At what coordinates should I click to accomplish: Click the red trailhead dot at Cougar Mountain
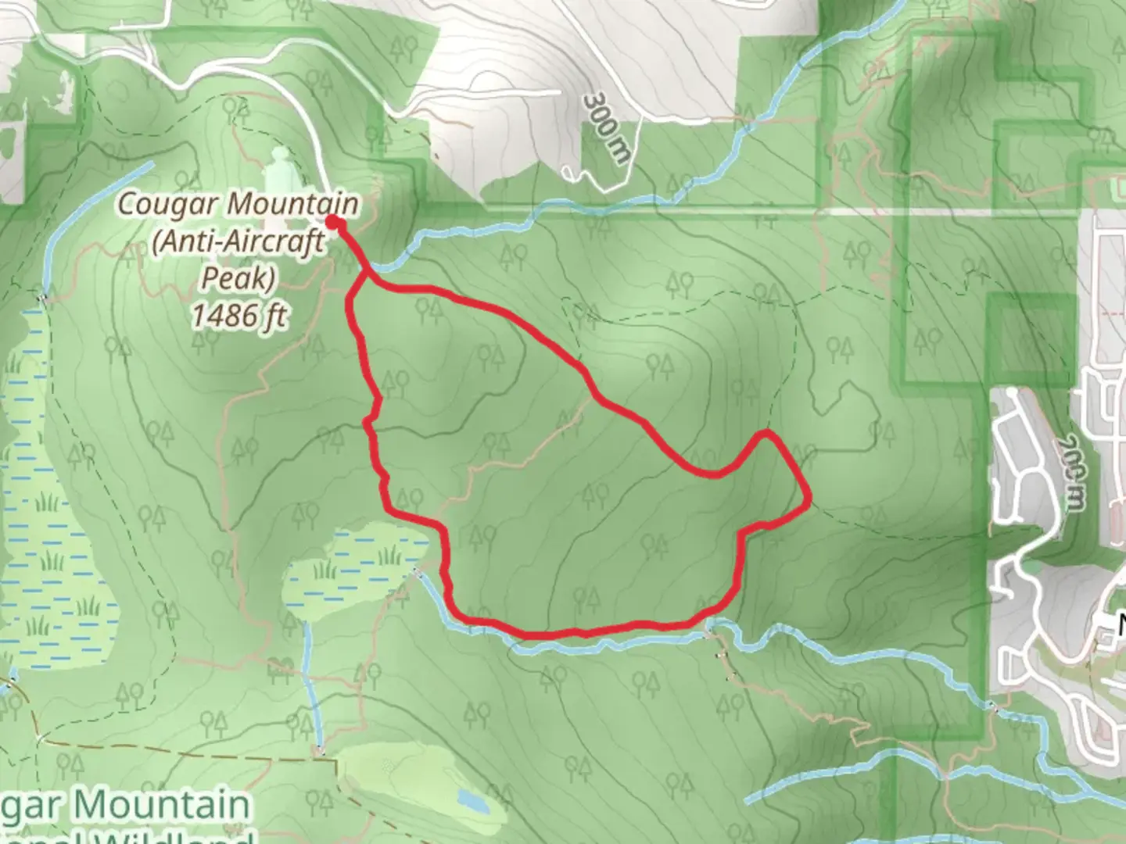click(333, 224)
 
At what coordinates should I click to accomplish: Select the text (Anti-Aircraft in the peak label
click(238, 241)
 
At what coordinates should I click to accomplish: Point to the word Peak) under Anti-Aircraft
click(238, 277)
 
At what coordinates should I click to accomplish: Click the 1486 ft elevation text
click(238, 315)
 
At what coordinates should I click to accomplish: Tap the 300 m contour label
click(606, 129)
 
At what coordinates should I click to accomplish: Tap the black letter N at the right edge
click(1120, 625)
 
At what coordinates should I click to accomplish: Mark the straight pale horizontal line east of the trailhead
click(704, 210)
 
